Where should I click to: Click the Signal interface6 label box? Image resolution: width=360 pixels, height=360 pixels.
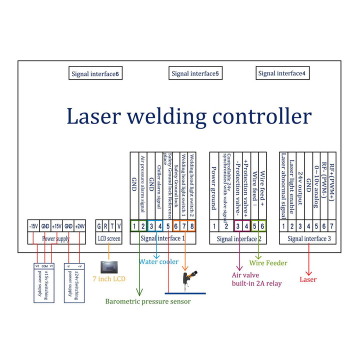click(x=95, y=74)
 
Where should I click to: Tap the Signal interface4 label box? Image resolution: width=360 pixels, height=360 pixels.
click(x=282, y=73)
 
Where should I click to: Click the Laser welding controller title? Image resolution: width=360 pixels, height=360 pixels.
click(x=189, y=116)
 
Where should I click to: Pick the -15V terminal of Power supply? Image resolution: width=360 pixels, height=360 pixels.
click(x=33, y=226)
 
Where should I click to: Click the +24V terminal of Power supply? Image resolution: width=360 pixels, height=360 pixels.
click(x=79, y=226)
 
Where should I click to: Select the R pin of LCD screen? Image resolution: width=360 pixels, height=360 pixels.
click(x=105, y=226)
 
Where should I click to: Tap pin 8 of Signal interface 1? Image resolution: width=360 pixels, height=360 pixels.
click(x=191, y=226)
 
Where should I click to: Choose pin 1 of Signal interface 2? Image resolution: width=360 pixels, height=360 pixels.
click(x=214, y=226)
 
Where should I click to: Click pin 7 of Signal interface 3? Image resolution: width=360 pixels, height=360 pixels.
click(x=331, y=226)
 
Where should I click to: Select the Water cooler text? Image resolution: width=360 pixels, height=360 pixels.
click(x=158, y=261)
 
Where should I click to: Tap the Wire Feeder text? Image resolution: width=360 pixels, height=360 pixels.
click(x=268, y=262)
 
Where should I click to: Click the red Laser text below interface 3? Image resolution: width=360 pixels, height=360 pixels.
click(x=308, y=280)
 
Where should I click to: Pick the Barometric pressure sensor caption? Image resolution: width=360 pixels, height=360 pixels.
click(x=147, y=301)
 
